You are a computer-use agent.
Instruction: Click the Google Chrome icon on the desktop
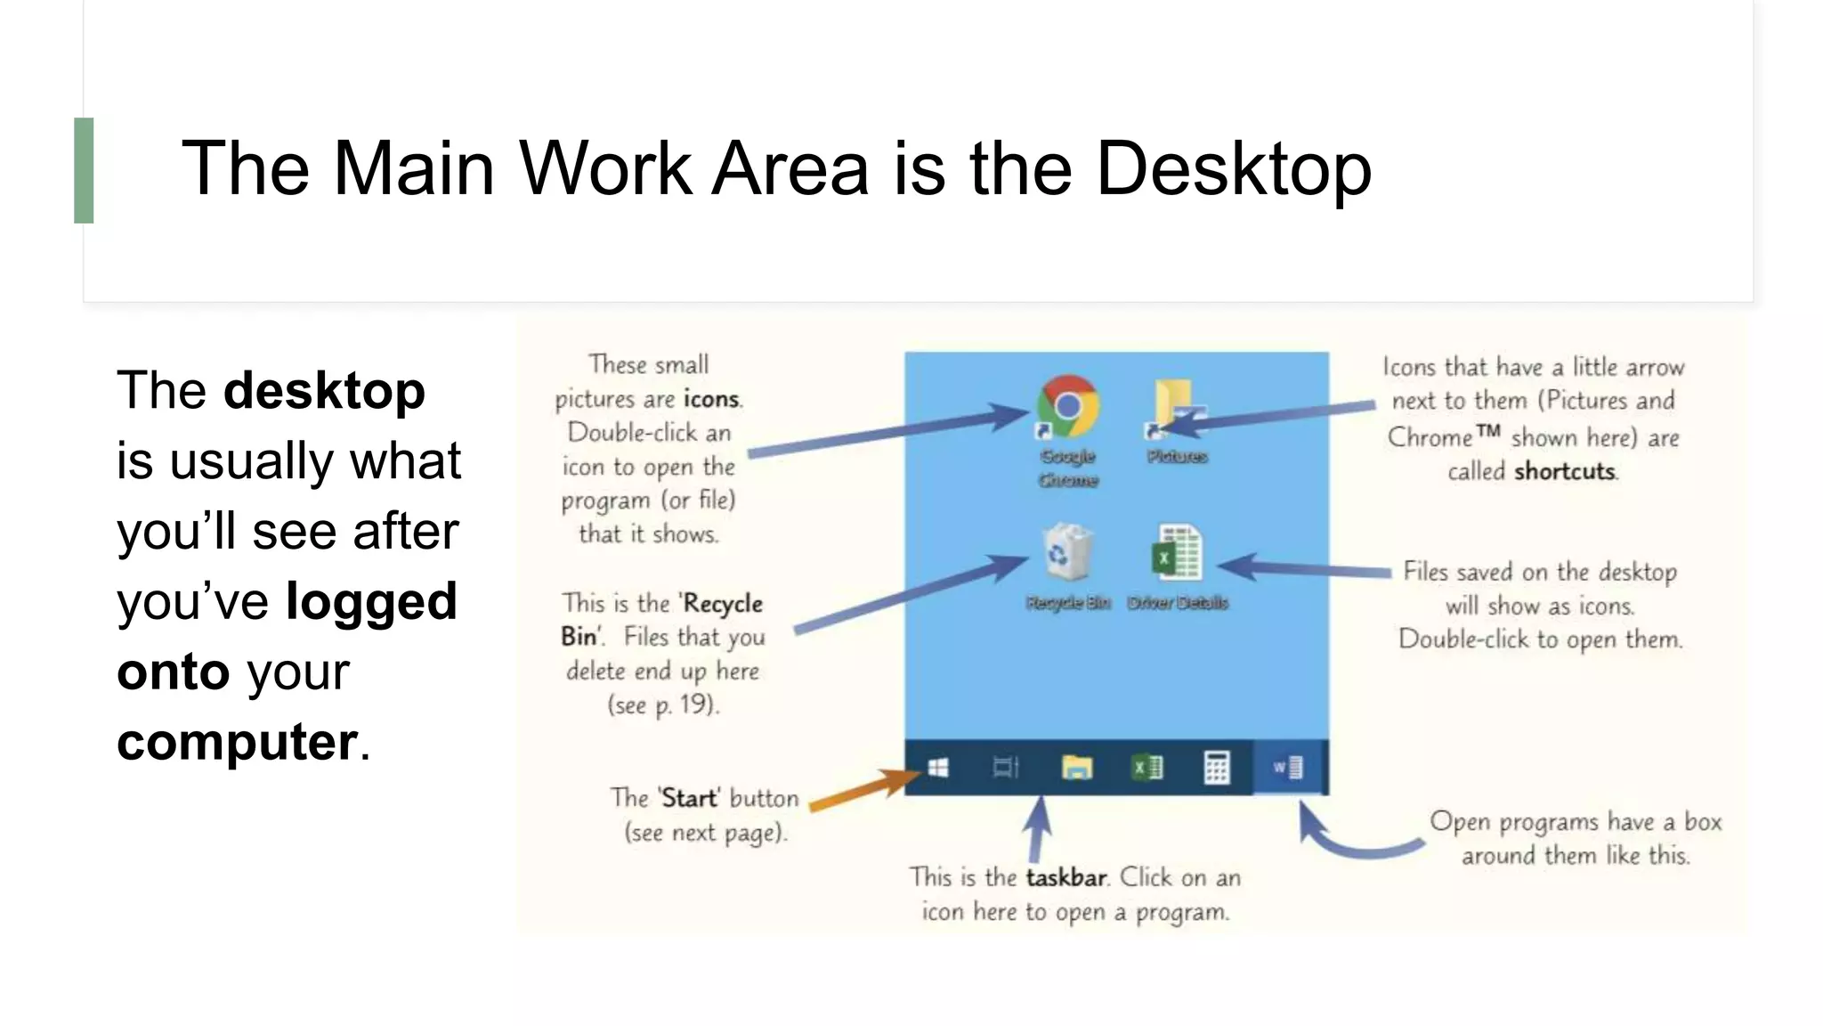coord(1067,408)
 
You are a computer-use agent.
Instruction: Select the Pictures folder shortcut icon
coord(1177,408)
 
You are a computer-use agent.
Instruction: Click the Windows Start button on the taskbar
coord(938,768)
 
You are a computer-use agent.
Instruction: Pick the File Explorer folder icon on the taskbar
coord(1076,768)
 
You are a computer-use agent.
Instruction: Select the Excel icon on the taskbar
coord(1146,768)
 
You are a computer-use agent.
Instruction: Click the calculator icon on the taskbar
coord(1216,768)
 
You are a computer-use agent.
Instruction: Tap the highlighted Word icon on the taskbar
coord(1288,768)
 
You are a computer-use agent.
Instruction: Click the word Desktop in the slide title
coord(1234,168)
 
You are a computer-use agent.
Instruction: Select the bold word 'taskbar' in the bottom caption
coord(1066,878)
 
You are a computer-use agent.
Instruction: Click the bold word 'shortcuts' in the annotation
coord(1565,471)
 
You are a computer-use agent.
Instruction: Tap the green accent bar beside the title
coord(84,170)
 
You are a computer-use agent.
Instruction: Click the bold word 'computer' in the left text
coord(237,742)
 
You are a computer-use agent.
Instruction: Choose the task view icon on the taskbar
coord(1006,768)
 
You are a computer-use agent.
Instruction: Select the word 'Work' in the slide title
coord(605,168)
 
